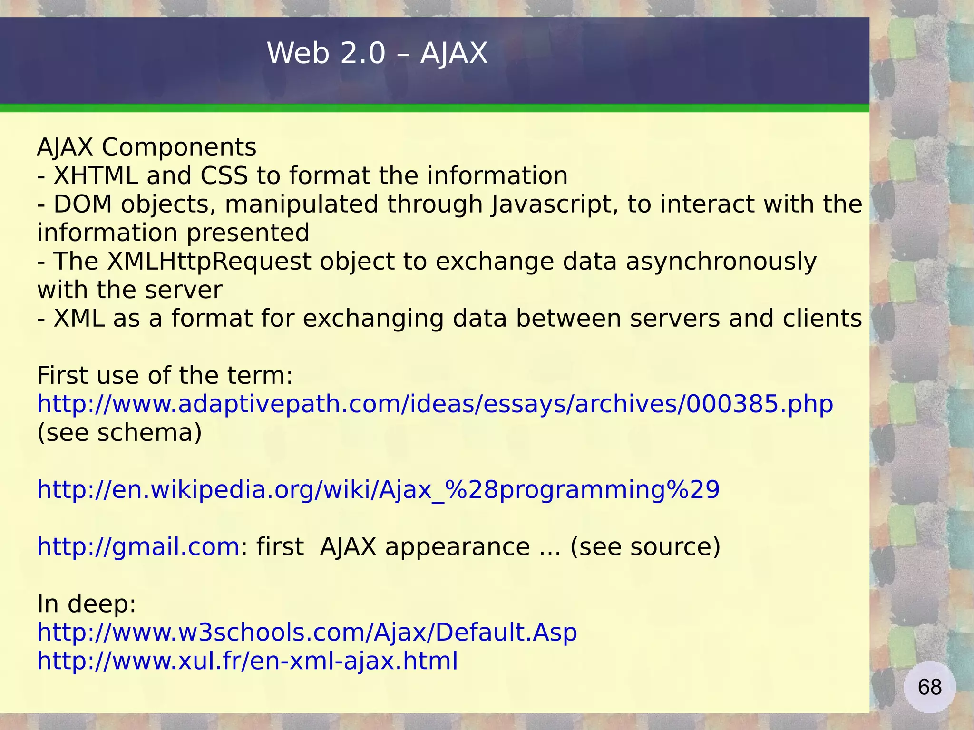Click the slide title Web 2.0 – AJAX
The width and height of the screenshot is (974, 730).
tap(377, 53)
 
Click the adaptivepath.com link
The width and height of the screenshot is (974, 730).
tap(435, 404)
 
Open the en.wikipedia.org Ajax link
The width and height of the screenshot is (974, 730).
tap(378, 490)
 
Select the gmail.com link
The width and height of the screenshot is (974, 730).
tap(138, 547)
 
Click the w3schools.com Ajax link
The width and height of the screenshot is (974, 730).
tap(307, 633)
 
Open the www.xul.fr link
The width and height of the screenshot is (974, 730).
tap(247, 661)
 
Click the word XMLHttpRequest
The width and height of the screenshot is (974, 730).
tap(209, 262)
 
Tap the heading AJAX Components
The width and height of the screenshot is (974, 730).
tap(146, 147)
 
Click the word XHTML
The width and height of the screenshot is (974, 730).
tap(96, 176)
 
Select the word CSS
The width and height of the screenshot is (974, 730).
tap(224, 176)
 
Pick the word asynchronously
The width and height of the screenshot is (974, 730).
tap(721, 262)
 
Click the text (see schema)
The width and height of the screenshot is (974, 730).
tap(119, 433)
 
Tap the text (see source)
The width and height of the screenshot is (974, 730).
tap(645, 547)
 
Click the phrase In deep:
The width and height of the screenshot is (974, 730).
tap(87, 604)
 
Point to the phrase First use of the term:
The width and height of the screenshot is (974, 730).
tap(165, 376)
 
